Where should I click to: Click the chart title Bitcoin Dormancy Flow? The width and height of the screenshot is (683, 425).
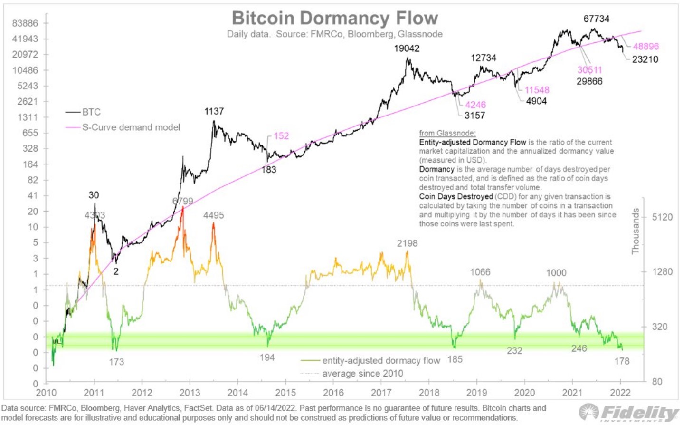coord(335,18)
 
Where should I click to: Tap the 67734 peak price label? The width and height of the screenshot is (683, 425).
coord(596,19)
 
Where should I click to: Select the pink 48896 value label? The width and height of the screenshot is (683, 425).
coord(645,46)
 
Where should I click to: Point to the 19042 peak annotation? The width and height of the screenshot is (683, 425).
coord(407,48)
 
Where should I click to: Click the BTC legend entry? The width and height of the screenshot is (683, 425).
coord(91,112)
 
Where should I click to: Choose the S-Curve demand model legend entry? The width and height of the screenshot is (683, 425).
coord(131,127)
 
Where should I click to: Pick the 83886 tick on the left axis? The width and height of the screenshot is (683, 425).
coord(25,23)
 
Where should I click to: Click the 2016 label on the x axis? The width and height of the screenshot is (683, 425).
coord(333,393)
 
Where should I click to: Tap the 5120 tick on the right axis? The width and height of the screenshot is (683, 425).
coord(662,217)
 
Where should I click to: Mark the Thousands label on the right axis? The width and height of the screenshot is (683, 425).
coord(635,231)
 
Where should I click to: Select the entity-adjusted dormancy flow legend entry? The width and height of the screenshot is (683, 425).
coord(381,360)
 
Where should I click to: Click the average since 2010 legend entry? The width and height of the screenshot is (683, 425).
coord(362,374)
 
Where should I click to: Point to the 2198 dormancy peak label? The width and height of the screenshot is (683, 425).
coord(407,243)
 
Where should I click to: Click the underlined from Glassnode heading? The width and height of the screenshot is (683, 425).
coord(447,133)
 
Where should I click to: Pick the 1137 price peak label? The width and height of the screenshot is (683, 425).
coord(214,111)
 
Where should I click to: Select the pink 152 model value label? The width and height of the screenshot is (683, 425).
coord(281,136)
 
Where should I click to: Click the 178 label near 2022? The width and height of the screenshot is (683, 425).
coord(622,361)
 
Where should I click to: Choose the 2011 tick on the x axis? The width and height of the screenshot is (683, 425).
coord(94,393)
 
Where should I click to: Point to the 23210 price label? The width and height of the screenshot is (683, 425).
coord(645,59)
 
